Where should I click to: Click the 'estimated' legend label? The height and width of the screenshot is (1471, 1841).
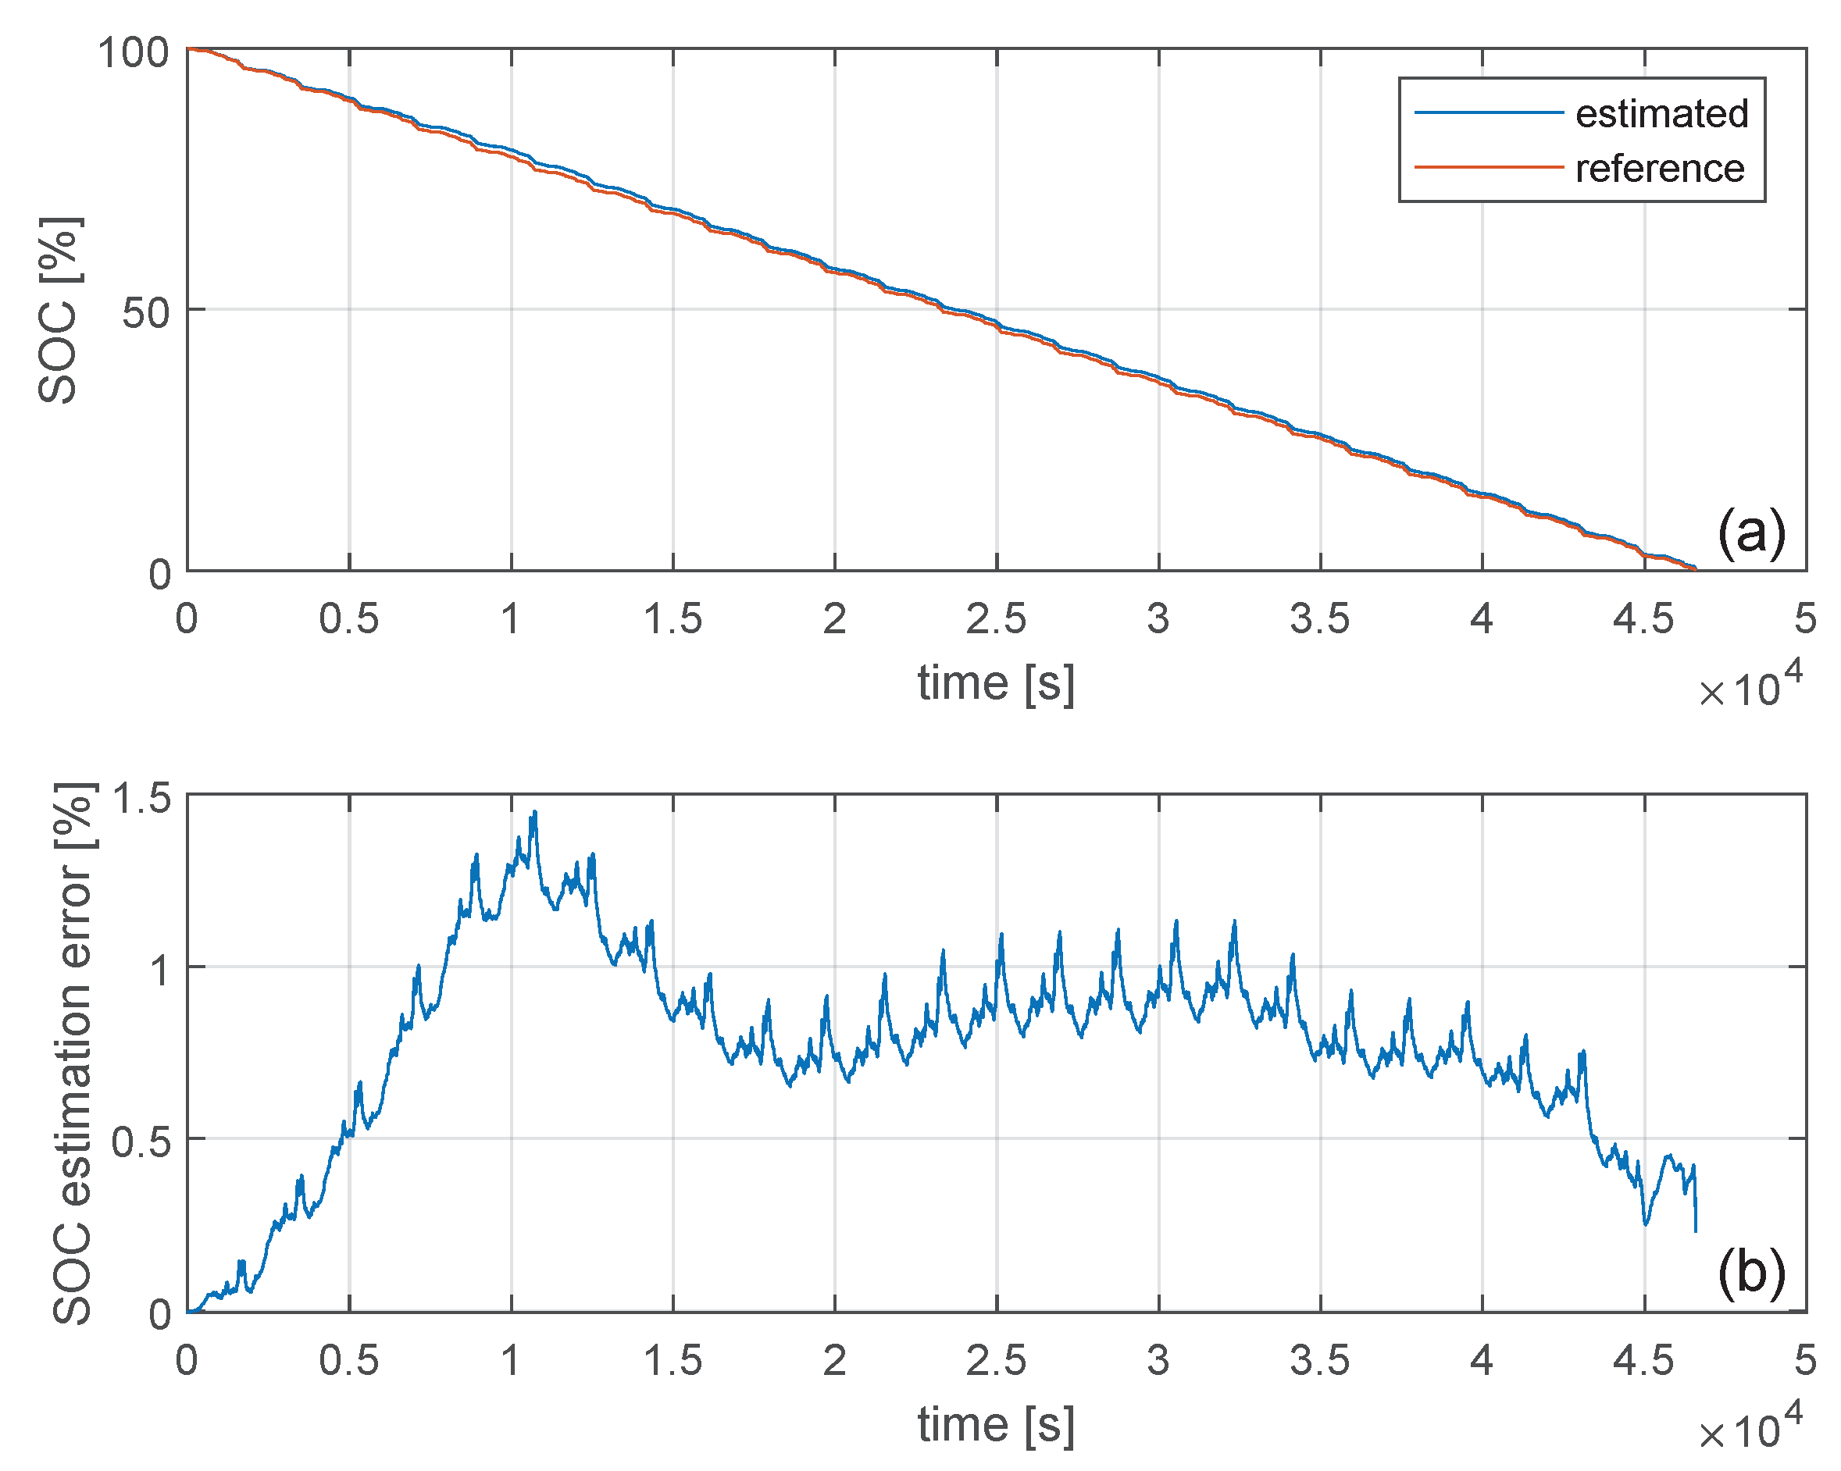pos(1661,113)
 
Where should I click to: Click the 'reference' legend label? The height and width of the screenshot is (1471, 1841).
pos(1659,168)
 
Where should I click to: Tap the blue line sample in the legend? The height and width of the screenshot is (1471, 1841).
pos(1488,112)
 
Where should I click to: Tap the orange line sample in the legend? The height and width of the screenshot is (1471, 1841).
pos(1488,167)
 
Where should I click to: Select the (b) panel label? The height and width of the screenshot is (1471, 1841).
pos(1750,1272)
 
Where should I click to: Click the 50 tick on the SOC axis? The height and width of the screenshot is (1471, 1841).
pos(145,313)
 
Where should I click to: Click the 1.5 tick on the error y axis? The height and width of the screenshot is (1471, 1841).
pos(141,799)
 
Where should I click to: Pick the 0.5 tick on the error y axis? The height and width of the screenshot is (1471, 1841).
pos(141,1142)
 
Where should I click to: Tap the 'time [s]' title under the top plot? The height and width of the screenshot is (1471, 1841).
pos(996,683)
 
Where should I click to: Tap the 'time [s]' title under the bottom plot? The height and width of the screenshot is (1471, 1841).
pos(996,1424)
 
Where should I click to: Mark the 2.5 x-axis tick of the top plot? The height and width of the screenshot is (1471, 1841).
pos(996,619)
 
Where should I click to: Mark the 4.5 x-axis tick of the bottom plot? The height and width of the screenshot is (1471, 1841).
pos(1643,1360)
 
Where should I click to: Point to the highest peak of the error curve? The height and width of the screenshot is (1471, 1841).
pos(535,814)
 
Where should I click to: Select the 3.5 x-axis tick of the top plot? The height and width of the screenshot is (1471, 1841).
pos(1319,619)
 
